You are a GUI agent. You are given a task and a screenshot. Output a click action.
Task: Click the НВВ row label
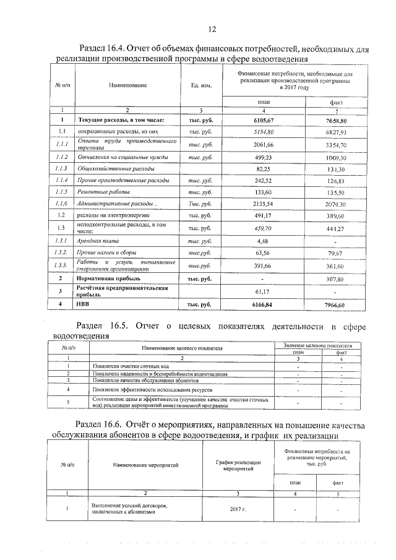(83, 304)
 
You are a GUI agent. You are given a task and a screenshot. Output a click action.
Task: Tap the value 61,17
(264, 291)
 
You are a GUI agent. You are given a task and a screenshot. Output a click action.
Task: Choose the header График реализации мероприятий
(238, 466)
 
